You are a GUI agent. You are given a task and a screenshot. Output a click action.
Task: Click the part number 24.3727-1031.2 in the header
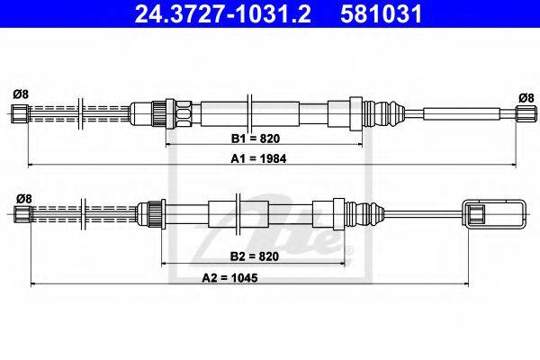[223, 13]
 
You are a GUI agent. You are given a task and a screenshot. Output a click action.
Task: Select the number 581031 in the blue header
[381, 13]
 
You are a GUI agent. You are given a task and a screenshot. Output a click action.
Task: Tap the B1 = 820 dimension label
[256, 139]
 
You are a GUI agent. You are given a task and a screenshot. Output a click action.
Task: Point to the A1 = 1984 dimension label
[258, 158]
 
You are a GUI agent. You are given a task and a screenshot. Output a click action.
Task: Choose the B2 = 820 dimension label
[254, 256]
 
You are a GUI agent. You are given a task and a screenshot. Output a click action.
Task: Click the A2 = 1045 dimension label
[229, 278]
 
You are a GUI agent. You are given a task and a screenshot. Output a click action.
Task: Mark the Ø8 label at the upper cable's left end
[21, 94]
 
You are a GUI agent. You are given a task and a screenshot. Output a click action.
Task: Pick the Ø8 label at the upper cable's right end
[526, 98]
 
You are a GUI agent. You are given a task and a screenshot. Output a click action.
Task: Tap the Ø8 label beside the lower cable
[24, 199]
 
